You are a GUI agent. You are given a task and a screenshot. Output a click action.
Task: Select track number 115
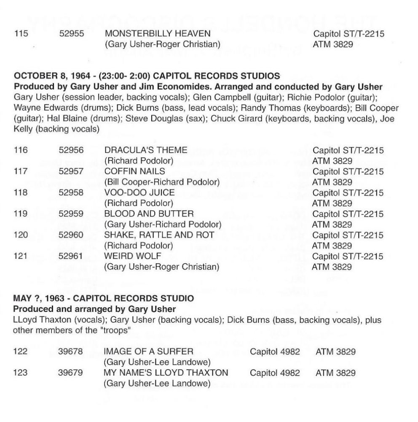pos(21,33)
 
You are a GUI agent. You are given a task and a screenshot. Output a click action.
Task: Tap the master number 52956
pos(71,150)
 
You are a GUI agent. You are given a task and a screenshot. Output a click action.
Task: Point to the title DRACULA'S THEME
pos(145,150)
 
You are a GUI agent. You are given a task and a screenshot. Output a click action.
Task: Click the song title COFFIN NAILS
pos(134,171)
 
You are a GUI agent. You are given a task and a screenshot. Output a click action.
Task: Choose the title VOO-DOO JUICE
pos(139,192)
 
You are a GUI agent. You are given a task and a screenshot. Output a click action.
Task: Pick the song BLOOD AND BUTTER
pos(149,214)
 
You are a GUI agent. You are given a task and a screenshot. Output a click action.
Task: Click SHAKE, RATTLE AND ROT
pos(159,235)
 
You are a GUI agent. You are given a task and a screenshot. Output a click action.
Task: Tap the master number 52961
pos(71,256)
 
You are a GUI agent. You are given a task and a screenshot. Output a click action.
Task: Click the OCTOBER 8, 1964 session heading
pos(147,76)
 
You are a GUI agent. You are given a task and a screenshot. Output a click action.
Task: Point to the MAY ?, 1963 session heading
pos(104,298)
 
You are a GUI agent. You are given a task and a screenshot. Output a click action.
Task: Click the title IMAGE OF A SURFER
pos(148,352)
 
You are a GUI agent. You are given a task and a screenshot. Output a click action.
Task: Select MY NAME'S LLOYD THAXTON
pos(166,373)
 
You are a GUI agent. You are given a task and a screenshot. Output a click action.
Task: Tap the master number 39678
pos(71,352)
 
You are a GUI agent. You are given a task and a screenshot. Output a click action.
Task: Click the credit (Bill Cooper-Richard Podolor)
pos(162,182)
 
